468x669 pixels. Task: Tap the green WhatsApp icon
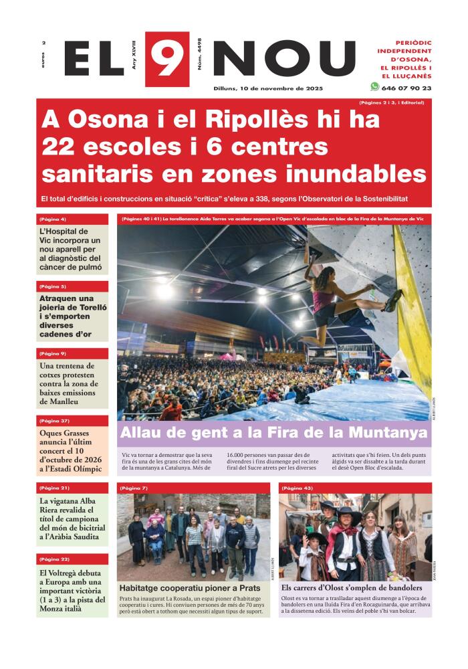[x=374, y=87]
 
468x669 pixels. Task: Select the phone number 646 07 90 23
[x=406, y=88]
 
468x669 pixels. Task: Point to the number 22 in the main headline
[x=60, y=147]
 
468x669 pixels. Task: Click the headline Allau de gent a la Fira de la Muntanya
[x=273, y=433]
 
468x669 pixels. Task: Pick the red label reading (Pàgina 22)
[x=54, y=559]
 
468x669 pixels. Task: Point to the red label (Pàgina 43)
[x=298, y=488]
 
